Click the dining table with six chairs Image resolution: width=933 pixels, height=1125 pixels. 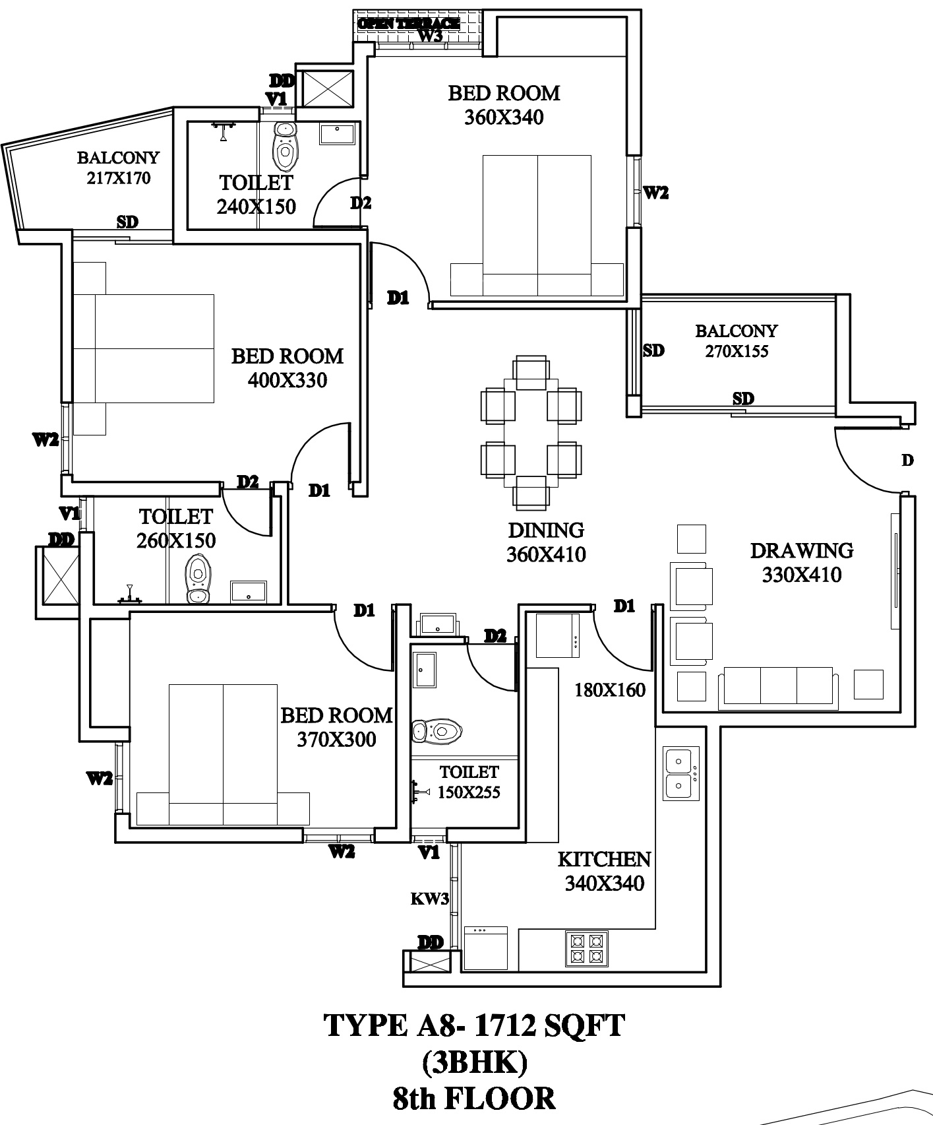(531, 432)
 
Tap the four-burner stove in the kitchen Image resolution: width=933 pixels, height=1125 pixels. (586, 948)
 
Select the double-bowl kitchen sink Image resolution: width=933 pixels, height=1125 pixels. (681, 774)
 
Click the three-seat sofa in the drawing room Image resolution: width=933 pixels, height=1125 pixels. (779, 686)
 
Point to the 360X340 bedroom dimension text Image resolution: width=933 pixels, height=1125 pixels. (504, 117)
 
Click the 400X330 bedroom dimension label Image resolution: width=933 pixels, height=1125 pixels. (287, 381)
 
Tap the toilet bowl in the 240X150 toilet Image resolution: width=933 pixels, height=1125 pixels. (285, 146)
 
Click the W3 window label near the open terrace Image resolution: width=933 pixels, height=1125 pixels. (430, 36)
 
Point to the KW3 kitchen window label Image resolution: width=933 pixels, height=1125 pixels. (430, 899)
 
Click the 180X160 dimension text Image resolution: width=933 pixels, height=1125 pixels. (610, 691)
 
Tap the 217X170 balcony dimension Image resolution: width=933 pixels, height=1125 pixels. (119, 178)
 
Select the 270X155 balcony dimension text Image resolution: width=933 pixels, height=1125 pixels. (737, 351)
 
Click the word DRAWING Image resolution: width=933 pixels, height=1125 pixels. (802, 550)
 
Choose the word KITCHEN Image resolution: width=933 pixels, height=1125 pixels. (604, 859)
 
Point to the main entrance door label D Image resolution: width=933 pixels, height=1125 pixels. (907, 461)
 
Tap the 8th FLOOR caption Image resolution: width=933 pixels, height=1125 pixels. (473, 1099)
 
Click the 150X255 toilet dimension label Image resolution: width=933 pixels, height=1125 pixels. (469, 792)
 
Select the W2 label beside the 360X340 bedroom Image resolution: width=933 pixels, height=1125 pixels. (655, 193)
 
